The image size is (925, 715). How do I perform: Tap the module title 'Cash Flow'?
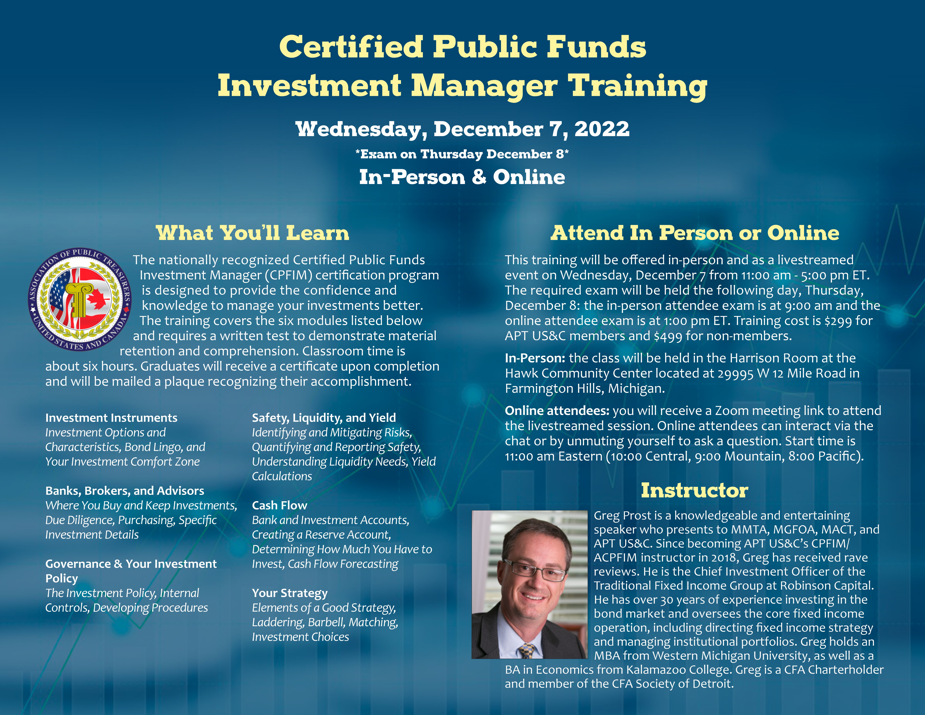[280, 505]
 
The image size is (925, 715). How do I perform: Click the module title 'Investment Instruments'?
[111, 418]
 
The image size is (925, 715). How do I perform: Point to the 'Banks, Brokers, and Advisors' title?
[124, 491]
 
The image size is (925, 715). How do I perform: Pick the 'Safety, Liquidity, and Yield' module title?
[324, 418]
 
